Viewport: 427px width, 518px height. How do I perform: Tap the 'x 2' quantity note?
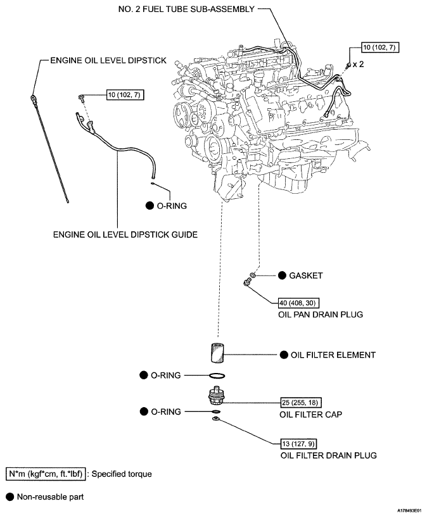click(358, 65)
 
